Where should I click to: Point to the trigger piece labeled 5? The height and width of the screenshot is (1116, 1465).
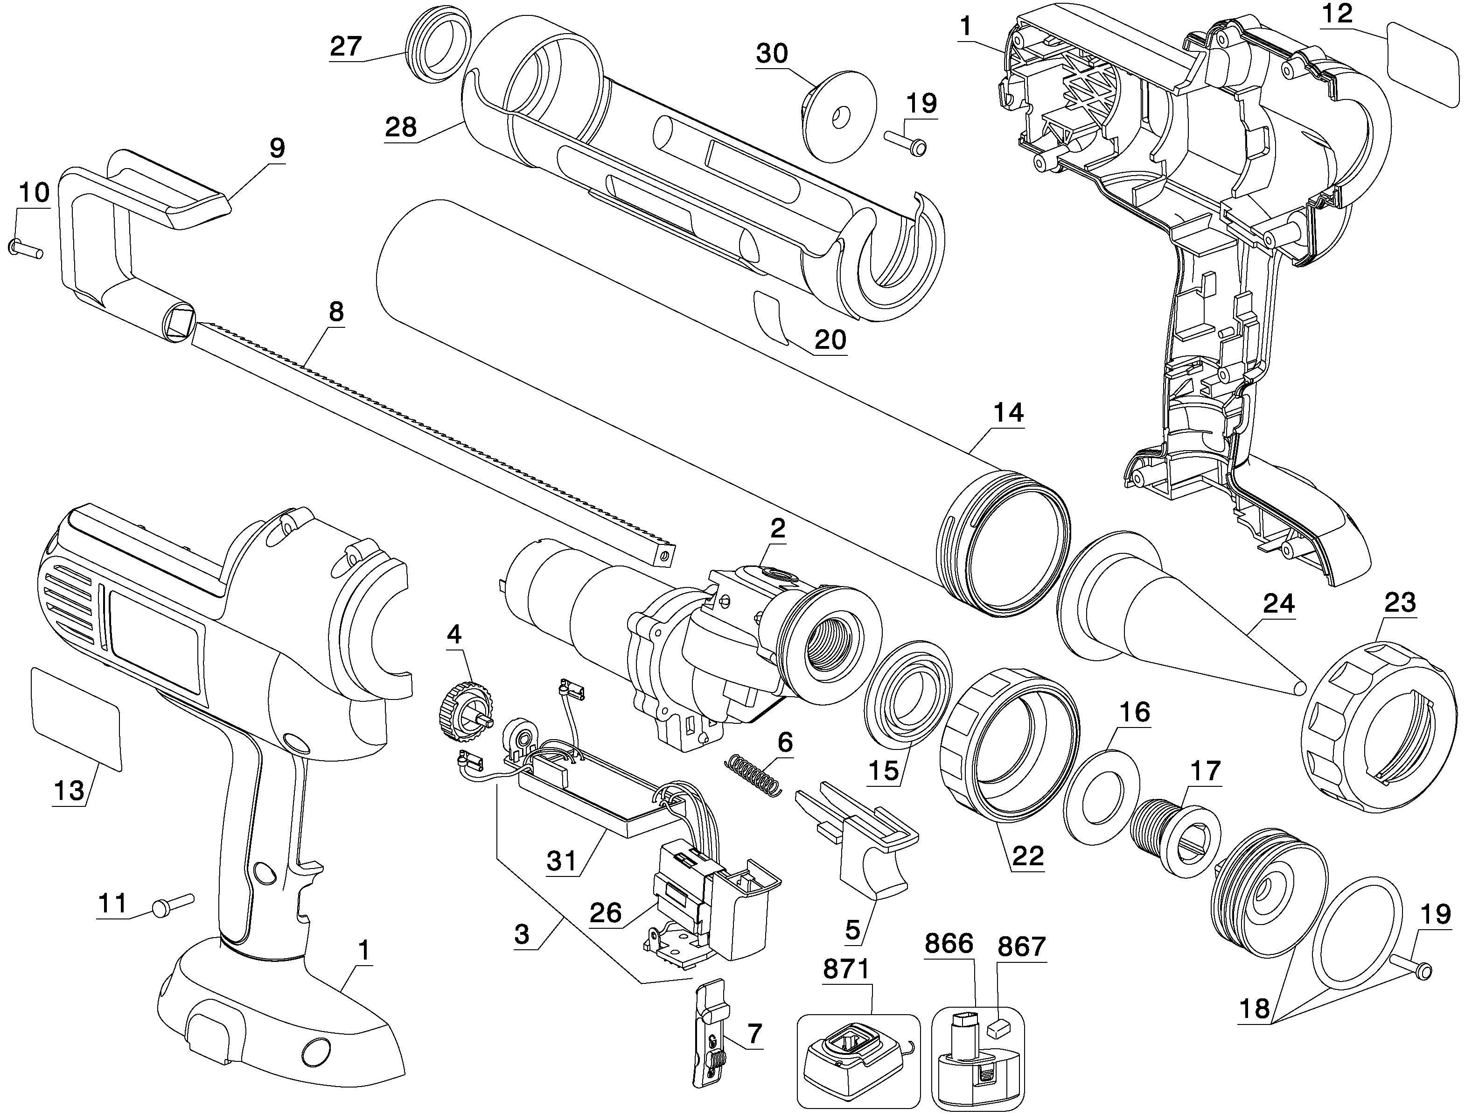coord(863,850)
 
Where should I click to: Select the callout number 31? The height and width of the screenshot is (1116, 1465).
coord(562,861)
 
